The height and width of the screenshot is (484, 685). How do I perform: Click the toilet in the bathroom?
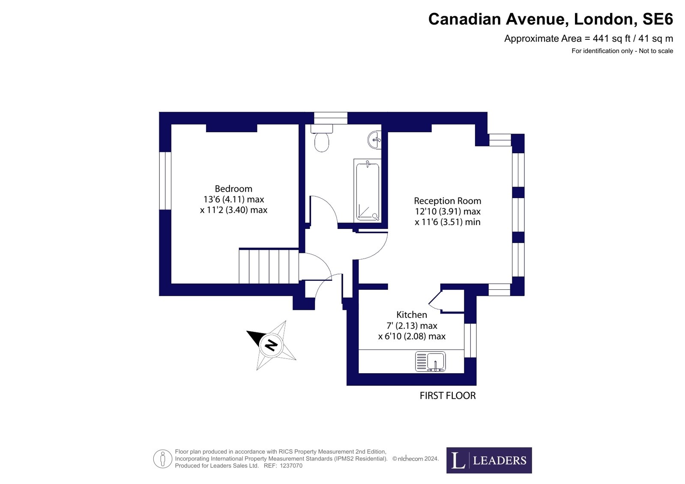321,138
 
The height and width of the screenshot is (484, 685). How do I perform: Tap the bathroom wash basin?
374,140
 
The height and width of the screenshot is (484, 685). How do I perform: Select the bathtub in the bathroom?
367,190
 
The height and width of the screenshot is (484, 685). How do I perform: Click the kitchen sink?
430,362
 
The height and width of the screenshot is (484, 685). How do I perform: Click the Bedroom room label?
233,189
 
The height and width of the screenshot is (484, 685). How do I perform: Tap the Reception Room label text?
447,201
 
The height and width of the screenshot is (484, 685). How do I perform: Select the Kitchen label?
412,315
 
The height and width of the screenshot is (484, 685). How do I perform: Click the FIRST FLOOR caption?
448,396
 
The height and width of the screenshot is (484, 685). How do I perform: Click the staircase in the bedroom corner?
269,266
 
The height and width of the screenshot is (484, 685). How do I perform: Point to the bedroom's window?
165,181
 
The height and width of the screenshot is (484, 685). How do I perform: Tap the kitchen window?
470,340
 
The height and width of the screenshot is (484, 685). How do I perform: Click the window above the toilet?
331,118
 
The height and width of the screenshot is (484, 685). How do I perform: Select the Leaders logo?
489,460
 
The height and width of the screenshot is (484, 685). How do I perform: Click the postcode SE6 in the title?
658,19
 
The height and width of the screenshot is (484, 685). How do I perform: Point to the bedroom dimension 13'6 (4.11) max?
233,199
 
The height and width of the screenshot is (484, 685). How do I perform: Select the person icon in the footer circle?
163,459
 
